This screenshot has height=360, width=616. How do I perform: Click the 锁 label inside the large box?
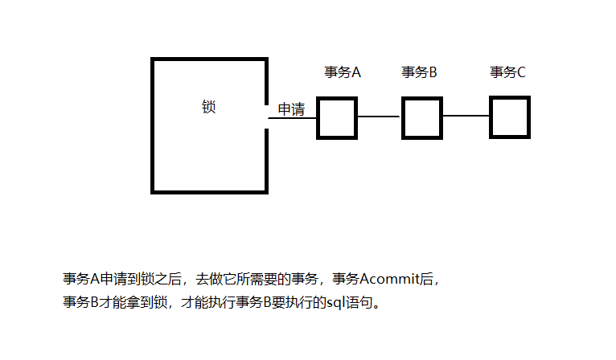pos(209,107)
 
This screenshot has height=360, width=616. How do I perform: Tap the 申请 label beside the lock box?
pos(291,109)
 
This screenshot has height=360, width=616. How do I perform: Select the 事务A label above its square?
pos(343,72)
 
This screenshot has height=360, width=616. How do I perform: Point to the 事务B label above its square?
pos(419,72)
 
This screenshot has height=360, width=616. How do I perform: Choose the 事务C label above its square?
pos(508,72)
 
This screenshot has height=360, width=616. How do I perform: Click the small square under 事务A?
pos(336,118)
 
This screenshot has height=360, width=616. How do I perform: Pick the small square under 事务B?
pos(422,117)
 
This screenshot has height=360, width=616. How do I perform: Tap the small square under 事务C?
pos(510,117)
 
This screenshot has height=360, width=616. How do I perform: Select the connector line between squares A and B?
pos(379,117)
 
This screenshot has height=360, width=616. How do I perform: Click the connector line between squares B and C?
pos(466,117)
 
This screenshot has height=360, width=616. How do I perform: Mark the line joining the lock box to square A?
pos(291,118)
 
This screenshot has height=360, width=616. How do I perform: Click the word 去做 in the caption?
pos(207,280)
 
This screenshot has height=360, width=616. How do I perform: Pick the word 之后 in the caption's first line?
pos(170,280)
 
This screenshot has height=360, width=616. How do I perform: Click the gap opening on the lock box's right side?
pos(266,117)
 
